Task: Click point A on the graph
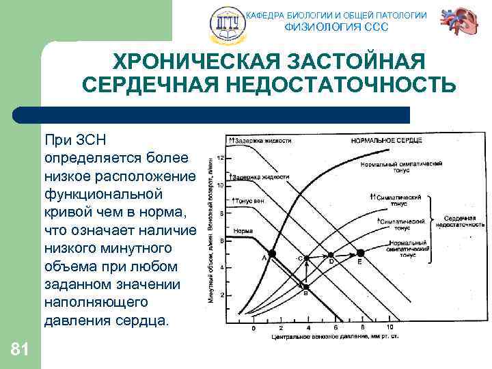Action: (x=272, y=254)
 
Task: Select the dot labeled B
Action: (x=306, y=286)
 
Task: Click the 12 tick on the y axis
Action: (x=219, y=158)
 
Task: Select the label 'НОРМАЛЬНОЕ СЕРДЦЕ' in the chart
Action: (x=386, y=140)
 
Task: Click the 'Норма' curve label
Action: (x=243, y=231)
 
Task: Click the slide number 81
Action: (x=20, y=350)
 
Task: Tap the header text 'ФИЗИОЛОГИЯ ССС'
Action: (x=336, y=27)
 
